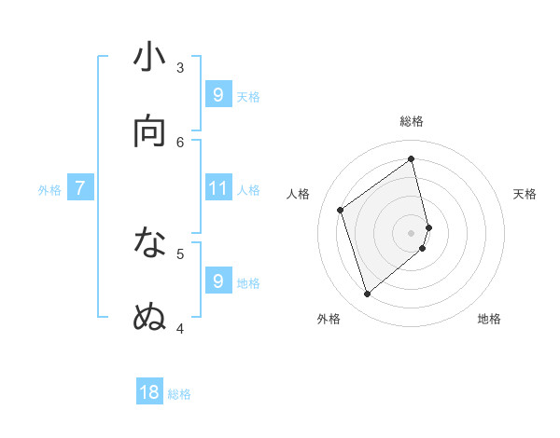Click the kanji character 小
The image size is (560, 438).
point(150,59)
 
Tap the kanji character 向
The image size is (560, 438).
point(150,131)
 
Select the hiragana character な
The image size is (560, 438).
point(150,244)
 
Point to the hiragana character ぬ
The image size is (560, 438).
point(150,317)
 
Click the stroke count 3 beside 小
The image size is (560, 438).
point(180,67)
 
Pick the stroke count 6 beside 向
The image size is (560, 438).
point(180,142)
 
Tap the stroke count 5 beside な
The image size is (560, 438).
point(180,253)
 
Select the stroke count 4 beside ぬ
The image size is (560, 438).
point(180,327)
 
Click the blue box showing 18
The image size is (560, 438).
point(149,392)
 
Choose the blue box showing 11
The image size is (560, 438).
point(218,188)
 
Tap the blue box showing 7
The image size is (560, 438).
point(80,188)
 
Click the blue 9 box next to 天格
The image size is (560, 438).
point(218,94)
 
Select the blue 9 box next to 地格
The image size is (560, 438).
point(218,281)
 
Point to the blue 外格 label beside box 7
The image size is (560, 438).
point(49,190)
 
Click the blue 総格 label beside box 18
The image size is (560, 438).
point(179,394)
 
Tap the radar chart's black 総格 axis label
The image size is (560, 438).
point(412,121)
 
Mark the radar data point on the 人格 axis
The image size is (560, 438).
point(341,210)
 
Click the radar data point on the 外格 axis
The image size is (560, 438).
point(367,294)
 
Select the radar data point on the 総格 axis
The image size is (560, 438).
point(412,159)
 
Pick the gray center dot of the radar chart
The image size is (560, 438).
point(412,231)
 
